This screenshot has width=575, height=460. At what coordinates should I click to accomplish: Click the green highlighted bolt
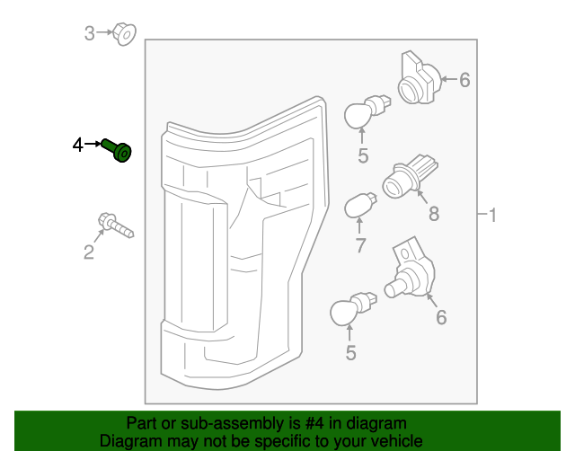coord(118,150)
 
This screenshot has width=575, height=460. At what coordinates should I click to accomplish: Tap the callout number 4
coord(78,145)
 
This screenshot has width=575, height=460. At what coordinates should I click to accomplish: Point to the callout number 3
coord(89,34)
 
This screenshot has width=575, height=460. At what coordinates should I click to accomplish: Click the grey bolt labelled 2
coord(114,225)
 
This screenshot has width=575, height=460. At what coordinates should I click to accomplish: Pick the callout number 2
coord(88,252)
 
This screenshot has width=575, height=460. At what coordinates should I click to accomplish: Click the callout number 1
coord(491,215)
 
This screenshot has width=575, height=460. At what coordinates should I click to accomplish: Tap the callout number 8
coord(433,214)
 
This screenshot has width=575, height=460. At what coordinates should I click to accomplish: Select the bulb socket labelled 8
coord(410,176)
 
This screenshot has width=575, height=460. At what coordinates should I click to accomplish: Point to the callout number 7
coord(359,245)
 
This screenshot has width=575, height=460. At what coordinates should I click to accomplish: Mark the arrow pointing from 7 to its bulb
coord(359,226)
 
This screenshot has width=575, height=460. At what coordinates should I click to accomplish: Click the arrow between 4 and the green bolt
coord(93,144)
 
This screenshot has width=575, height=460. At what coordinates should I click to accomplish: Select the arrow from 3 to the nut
coord(104,34)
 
